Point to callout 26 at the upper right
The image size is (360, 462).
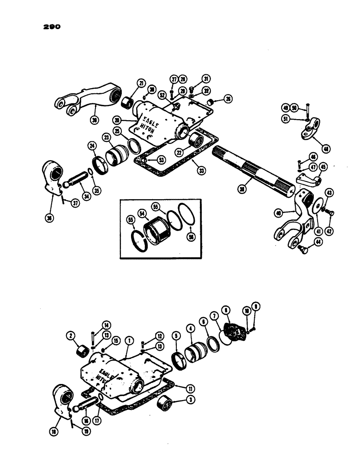coord(227,98)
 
